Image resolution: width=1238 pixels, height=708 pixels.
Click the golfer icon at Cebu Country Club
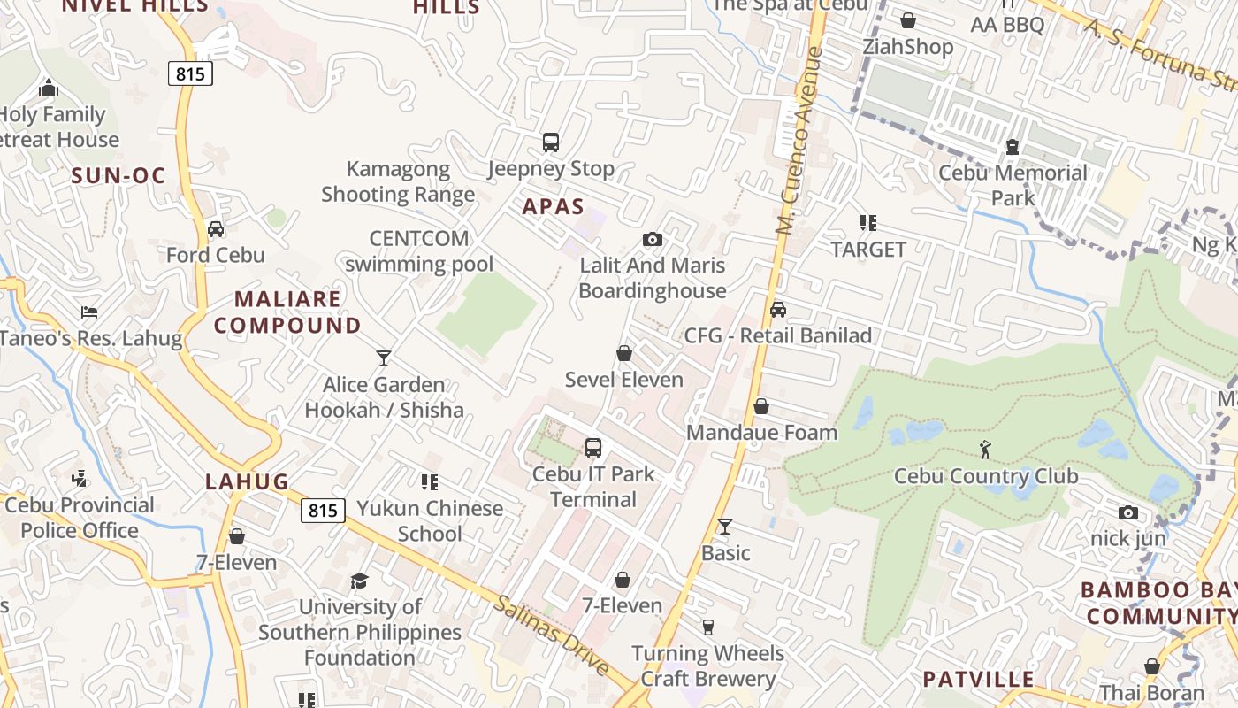pyautogui.click(x=986, y=450)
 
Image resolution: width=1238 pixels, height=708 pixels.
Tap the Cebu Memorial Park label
pyautogui.click(x=1013, y=185)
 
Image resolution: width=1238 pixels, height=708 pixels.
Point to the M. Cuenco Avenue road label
pyautogui.click(x=799, y=142)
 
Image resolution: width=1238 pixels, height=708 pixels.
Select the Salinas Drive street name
pyautogui.click(x=552, y=635)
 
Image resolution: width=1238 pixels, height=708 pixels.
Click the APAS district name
pyautogui.click(x=554, y=207)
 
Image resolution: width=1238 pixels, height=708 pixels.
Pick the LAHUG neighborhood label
pyautogui.click(x=248, y=481)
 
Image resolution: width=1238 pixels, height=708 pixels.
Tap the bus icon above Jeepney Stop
pyautogui.click(x=551, y=142)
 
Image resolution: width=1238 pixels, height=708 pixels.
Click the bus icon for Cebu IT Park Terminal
pyautogui.click(x=593, y=448)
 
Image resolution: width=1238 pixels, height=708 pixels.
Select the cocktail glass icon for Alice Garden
pyautogui.click(x=384, y=358)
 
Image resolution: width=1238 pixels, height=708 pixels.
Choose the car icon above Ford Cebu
pyautogui.click(x=216, y=229)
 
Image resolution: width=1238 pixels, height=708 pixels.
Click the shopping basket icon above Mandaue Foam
pyautogui.click(x=761, y=406)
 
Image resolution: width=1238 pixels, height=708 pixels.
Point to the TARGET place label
pyautogui.click(x=868, y=250)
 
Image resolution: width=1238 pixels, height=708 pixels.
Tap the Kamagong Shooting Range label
pyautogui.click(x=398, y=181)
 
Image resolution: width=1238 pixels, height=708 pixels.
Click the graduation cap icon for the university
pyautogui.click(x=359, y=581)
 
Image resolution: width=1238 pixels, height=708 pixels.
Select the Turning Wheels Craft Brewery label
pyautogui.click(x=707, y=666)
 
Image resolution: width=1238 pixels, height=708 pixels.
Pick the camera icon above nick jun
pyautogui.click(x=1127, y=513)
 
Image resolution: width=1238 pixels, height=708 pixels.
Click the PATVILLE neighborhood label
pyautogui.click(x=978, y=680)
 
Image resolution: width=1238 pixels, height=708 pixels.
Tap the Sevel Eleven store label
pyautogui.click(x=624, y=380)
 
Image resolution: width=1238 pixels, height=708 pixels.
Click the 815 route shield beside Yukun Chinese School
pyautogui.click(x=323, y=511)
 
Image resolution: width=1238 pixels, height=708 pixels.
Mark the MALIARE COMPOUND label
pyautogui.click(x=287, y=312)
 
